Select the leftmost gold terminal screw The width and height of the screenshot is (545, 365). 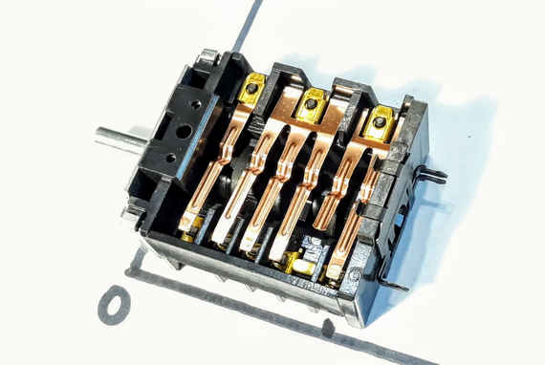pyautogui.click(x=251, y=90)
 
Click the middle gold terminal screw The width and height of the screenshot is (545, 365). pyautogui.click(x=312, y=103)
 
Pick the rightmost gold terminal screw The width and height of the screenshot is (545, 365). pyautogui.click(x=380, y=122)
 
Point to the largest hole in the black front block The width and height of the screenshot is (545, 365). pyautogui.click(x=184, y=131)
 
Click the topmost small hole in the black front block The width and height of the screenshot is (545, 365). pyautogui.click(x=197, y=104)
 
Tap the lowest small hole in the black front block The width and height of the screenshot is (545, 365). pyautogui.click(x=170, y=159)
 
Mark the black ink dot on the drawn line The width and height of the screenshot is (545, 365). pyautogui.click(x=328, y=327)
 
